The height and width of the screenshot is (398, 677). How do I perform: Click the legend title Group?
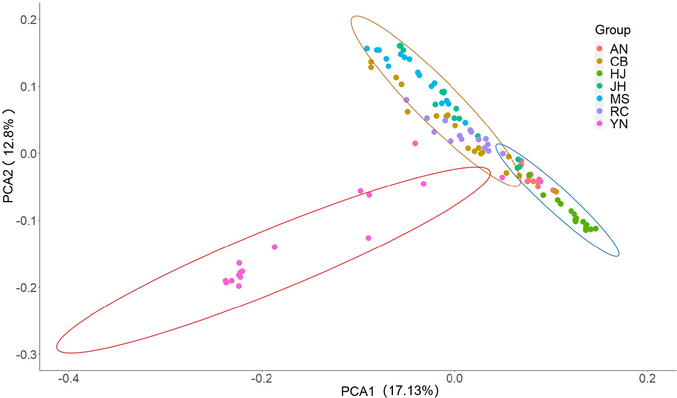coord(613,30)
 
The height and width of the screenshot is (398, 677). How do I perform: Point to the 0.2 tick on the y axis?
coord(29,20)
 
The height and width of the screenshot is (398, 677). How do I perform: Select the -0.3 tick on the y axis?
coord(27,355)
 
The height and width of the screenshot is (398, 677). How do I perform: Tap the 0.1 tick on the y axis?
coord(29,86)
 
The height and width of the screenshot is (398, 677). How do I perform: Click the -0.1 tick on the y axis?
coord(27,220)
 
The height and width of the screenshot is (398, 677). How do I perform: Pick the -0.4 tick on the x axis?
coord(69,378)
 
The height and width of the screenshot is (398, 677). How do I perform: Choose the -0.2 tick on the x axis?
coord(262,378)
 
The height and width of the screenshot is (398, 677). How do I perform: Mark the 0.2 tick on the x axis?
coord(647,378)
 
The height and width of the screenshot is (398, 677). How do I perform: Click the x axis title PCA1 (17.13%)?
coord(390,391)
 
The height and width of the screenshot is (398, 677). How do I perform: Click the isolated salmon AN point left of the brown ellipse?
coord(415,143)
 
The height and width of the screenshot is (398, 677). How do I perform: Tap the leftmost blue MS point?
coord(367,48)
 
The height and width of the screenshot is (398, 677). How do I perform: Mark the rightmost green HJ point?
coord(596,229)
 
